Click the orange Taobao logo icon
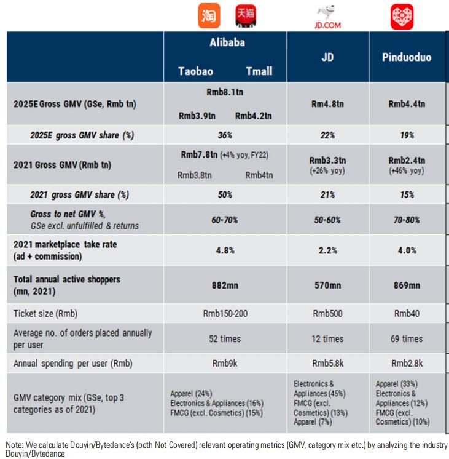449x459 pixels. (x=209, y=15)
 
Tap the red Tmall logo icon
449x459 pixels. (x=246, y=15)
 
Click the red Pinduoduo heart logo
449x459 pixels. (x=402, y=17)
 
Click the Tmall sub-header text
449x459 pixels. (x=259, y=71)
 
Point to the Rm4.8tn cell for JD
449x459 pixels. (x=327, y=104)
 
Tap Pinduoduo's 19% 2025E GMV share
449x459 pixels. (x=406, y=135)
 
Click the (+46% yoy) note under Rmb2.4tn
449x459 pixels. (x=406, y=171)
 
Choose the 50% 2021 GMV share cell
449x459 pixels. (x=225, y=194)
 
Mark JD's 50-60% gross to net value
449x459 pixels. (x=327, y=219)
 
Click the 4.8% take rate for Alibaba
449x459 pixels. (x=225, y=250)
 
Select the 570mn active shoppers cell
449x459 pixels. (x=327, y=285)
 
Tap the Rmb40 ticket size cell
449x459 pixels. (x=406, y=314)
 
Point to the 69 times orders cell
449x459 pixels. (x=406, y=338)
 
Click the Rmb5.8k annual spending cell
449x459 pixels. (x=327, y=363)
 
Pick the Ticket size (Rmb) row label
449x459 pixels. (x=45, y=314)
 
